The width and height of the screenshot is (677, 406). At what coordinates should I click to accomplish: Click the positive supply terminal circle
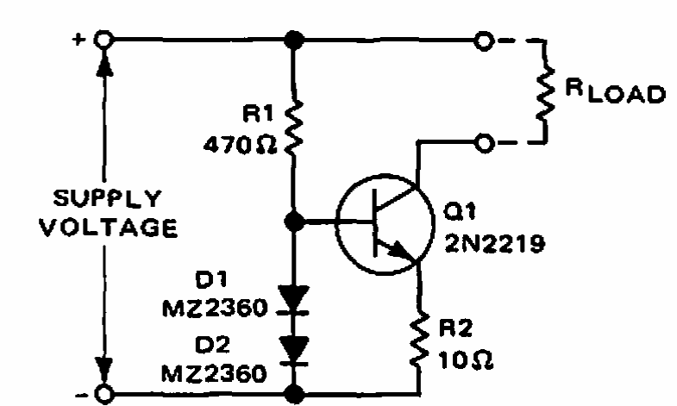[104, 40]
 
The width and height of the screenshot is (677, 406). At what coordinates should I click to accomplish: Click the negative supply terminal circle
[104, 394]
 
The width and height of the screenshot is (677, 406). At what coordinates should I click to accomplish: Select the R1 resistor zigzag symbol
[293, 128]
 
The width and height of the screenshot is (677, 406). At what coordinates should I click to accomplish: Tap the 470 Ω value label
[240, 146]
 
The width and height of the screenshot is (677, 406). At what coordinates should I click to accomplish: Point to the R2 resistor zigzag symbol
[419, 340]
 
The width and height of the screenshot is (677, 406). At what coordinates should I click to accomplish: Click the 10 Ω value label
[466, 359]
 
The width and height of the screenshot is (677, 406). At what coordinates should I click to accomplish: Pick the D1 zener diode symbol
[293, 300]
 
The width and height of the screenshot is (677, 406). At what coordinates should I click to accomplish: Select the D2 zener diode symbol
[293, 351]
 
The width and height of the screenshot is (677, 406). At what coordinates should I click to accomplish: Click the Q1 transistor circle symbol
[385, 224]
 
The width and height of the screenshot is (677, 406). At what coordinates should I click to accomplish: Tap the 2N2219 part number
[495, 244]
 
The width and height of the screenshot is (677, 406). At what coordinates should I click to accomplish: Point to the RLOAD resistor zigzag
[545, 93]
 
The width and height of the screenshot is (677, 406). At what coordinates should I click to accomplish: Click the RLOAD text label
[615, 91]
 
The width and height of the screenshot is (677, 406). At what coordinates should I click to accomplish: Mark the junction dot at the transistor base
[294, 222]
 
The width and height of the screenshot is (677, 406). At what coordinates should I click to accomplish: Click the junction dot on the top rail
[293, 40]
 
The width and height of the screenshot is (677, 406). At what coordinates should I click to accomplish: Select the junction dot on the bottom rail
[294, 394]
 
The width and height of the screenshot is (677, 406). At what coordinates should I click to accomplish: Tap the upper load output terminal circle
[484, 41]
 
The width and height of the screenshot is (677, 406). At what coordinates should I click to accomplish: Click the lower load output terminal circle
[484, 143]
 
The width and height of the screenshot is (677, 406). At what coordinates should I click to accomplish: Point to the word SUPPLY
[107, 198]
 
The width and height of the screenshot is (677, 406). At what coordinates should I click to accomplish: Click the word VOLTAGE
[109, 228]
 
